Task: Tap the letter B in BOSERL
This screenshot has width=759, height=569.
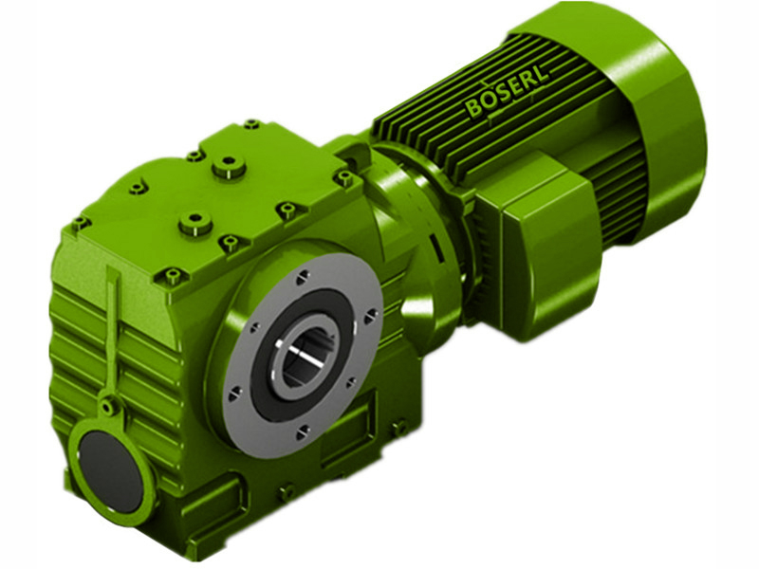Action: pyautogui.click(x=472, y=110)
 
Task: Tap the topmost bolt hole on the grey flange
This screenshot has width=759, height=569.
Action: pyautogui.click(x=302, y=277)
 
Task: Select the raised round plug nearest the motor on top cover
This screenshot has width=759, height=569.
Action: pyautogui.click(x=228, y=169)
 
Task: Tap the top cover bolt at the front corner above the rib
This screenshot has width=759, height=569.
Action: pyautogui.click(x=172, y=278)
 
